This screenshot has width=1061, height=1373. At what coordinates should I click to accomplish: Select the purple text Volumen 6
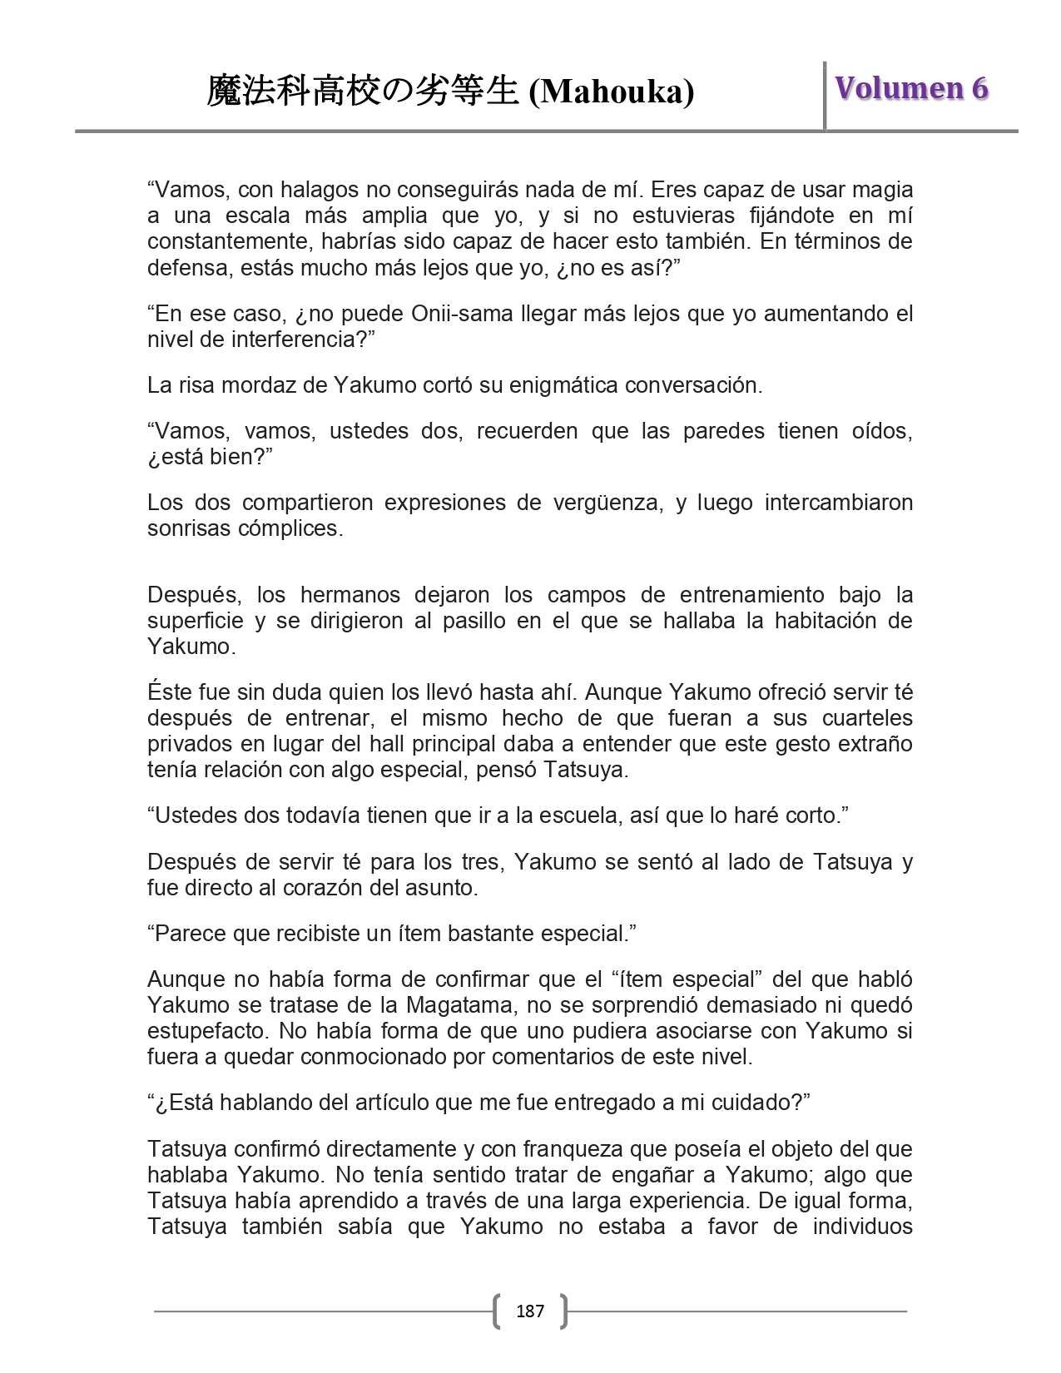pyautogui.click(x=912, y=88)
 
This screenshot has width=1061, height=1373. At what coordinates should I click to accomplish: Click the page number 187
pyautogui.click(x=530, y=1311)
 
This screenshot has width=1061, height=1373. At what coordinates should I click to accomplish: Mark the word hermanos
pyautogui.click(x=345, y=595)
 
